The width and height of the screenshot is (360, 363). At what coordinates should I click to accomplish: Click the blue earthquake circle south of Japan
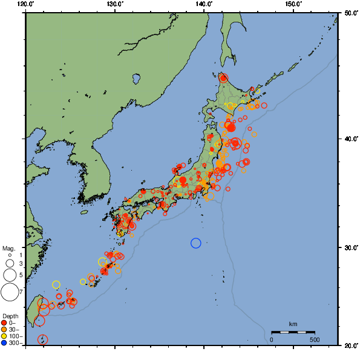point(195,243)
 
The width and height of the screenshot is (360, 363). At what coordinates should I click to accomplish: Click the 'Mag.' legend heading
point(8,248)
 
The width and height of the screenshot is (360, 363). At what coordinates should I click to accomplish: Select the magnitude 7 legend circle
point(9,292)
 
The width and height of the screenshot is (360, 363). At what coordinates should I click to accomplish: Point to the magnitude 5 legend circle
point(9,275)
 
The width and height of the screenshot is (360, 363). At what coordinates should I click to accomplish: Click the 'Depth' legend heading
point(10,316)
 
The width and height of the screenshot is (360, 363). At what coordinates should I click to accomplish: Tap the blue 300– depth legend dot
point(4,343)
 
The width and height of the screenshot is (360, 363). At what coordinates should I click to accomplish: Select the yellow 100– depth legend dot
point(4,336)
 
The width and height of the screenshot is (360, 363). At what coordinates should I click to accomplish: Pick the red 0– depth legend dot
point(4,323)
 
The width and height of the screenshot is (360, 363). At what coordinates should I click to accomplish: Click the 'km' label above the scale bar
point(293,324)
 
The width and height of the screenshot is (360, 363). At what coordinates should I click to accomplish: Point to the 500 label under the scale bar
point(315,339)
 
